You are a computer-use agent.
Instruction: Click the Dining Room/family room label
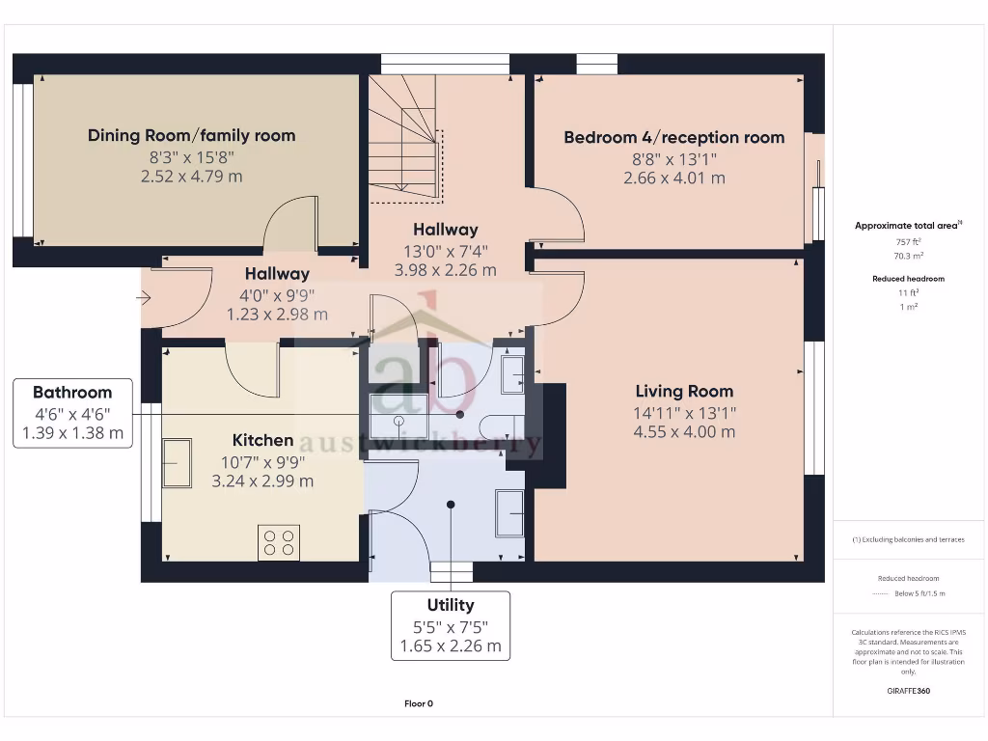coord(191,135)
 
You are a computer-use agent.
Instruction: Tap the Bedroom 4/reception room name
coord(673,137)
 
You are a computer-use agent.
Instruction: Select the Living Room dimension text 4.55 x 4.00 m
coord(684,432)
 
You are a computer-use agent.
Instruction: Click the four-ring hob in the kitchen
coord(279,542)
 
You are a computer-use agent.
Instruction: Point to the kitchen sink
coord(177,463)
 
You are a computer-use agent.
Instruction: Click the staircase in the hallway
coord(403,139)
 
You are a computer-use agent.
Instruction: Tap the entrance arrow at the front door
coord(144,299)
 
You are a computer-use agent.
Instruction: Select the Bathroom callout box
coord(72,413)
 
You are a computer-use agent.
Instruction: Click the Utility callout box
coord(451,626)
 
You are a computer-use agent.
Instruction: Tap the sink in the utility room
coord(508,511)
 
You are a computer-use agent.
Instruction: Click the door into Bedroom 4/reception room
coord(557,214)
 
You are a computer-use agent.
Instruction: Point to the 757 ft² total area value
coord(910,242)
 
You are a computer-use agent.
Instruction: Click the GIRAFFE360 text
coord(908,691)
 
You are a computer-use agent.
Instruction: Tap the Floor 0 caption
coord(419,703)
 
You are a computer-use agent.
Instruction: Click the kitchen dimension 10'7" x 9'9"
coord(262,461)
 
